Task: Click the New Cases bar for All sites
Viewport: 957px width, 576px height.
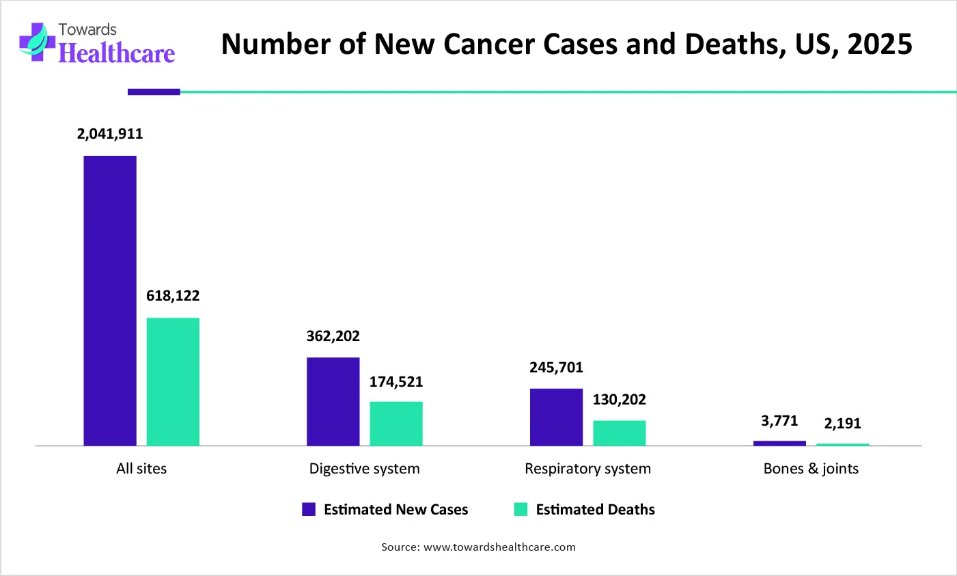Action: [x=110, y=301]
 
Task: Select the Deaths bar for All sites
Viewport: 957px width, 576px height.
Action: [x=173, y=381]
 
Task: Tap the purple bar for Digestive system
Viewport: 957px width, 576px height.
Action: [x=333, y=401]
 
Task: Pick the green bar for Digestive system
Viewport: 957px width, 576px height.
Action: [x=396, y=424]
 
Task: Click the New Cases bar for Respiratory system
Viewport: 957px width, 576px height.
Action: [x=556, y=417]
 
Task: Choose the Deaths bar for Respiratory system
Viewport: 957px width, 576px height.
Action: [x=619, y=433]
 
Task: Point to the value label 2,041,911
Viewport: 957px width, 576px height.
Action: [x=110, y=134]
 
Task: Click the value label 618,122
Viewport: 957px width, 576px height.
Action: [x=173, y=296]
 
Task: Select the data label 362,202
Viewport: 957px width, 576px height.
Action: [x=333, y=336]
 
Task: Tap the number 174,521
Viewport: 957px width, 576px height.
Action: [x=396, y=382]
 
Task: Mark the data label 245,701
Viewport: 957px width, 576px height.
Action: [x=556, y=368]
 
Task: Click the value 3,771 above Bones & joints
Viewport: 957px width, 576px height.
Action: [x=779, y=421]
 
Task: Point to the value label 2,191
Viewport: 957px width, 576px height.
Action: [x=842, y=424]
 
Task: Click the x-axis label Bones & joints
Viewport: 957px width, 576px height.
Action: [x=811, y=469]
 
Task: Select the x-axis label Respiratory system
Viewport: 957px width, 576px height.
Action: [x=587, y=469]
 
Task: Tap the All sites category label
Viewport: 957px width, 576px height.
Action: [x=141, y=469]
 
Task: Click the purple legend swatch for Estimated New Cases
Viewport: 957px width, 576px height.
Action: [x=309, y=509]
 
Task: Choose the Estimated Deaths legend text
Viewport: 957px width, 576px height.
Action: [x=595, y=510]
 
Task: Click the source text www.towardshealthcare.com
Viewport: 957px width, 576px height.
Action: [x=499, y=547]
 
